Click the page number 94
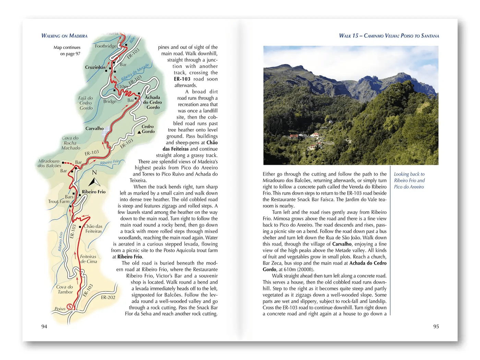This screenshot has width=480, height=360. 44,326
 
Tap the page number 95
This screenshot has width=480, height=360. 436,326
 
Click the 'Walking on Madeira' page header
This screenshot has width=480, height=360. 64,36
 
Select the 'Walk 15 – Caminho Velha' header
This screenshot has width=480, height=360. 389,36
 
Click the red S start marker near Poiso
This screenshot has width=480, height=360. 70,307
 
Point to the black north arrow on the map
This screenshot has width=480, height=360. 94,182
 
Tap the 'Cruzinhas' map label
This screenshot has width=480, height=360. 95,67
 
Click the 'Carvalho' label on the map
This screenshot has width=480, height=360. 94,129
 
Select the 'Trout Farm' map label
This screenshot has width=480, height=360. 59,202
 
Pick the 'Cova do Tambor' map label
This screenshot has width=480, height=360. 65,289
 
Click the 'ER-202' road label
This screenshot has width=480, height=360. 108,297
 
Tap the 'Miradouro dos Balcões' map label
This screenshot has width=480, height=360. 49,163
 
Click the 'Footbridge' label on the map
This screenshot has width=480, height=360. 106,46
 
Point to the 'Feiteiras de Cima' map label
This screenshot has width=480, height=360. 88,259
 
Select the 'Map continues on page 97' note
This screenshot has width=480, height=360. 67,50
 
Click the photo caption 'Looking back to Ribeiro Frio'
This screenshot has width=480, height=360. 409,180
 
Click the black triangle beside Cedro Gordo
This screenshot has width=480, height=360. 139,132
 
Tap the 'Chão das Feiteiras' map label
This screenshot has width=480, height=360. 93,229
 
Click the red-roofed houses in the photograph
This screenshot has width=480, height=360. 294,136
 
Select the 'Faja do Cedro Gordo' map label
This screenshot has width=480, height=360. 86,103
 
